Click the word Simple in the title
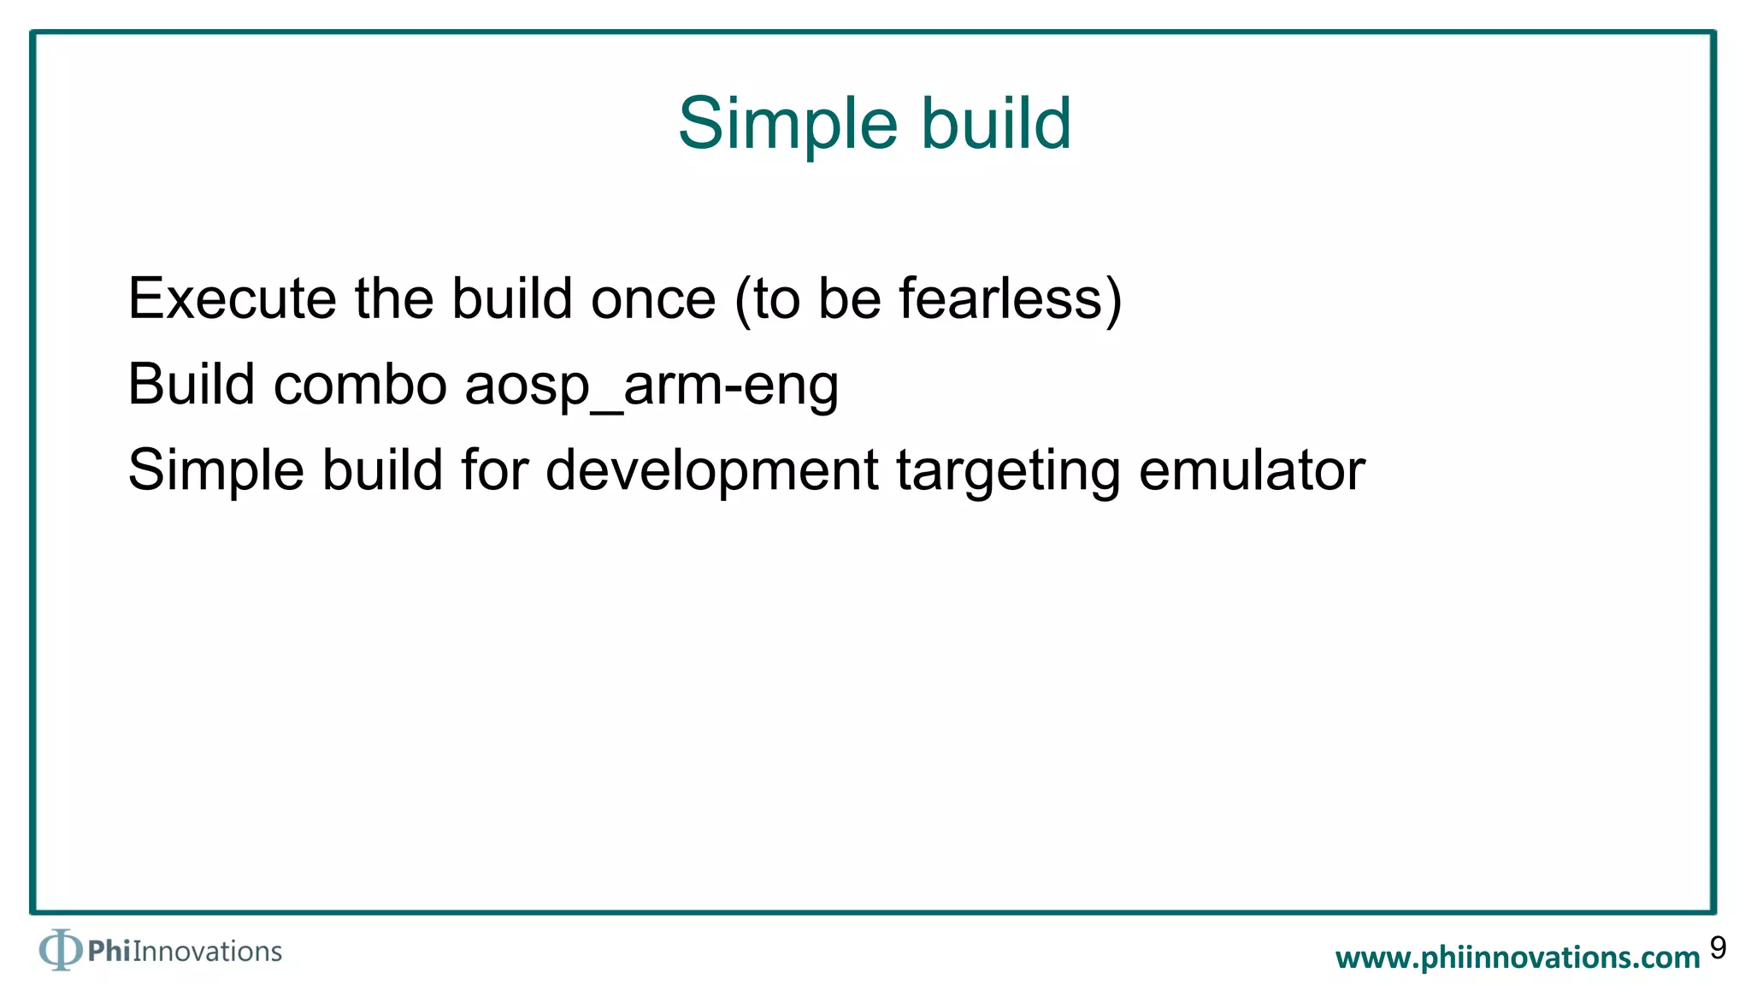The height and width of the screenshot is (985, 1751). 787,124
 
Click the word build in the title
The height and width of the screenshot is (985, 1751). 995,124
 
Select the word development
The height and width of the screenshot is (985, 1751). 712,470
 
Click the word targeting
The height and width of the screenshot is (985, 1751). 1008,470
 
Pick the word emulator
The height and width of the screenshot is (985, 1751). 1252,470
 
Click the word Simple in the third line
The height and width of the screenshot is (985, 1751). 215,470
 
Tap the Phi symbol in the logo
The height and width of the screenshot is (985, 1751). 60,949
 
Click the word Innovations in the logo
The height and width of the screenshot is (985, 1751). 207,951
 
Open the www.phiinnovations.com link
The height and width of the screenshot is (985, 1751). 1517,958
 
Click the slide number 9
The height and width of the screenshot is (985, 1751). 1718,947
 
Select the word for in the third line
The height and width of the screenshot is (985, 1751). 494,470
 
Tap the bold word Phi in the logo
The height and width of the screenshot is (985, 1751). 108,951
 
